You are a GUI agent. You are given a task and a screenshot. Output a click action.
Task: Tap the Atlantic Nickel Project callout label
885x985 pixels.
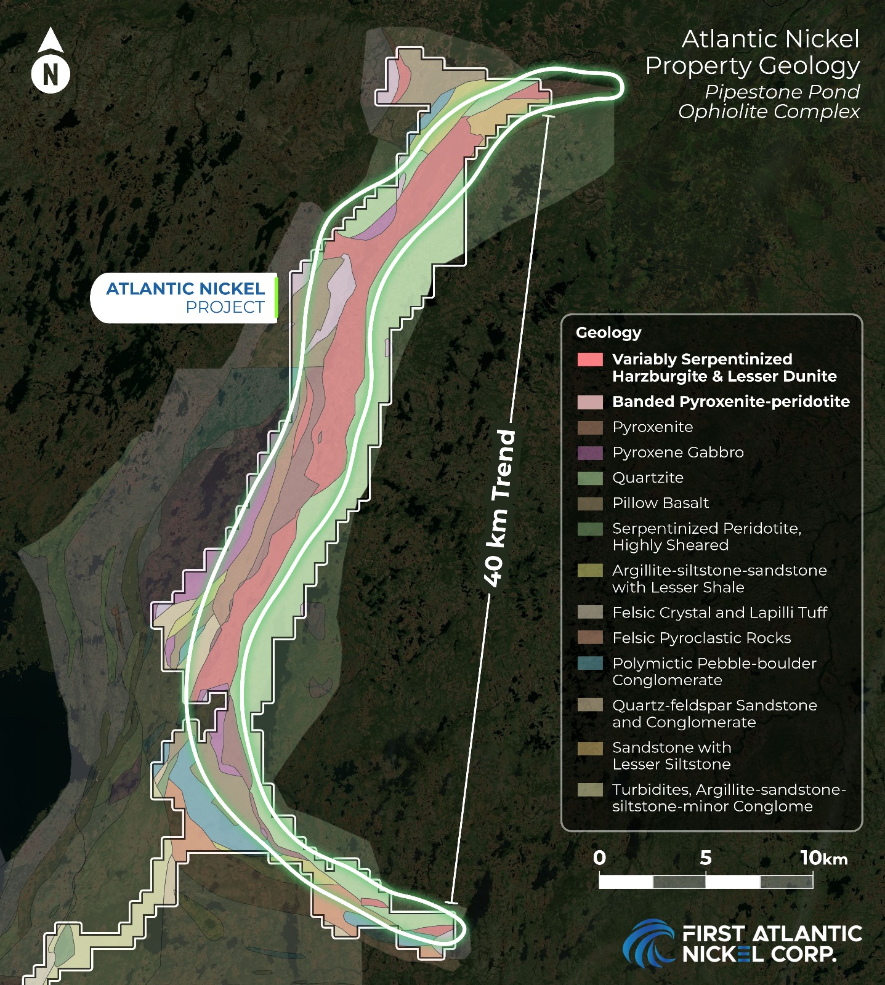185,298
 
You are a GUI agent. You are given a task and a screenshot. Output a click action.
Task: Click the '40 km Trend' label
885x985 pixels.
499,508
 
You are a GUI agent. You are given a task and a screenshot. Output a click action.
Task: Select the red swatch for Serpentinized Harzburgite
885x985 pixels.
589,360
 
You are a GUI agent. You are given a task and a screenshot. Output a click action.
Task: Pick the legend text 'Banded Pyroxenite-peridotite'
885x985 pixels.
730,401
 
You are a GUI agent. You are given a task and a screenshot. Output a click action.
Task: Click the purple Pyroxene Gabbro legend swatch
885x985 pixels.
589,452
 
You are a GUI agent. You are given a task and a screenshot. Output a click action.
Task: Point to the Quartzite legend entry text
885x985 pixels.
647,478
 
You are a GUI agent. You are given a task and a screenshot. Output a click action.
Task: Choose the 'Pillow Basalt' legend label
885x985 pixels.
660,503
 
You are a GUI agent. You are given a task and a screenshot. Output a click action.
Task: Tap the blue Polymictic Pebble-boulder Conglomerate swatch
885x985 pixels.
589,664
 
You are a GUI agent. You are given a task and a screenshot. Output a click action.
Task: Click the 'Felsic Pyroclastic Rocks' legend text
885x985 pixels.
701,638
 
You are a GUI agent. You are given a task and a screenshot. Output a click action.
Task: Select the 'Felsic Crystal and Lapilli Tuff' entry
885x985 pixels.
719,613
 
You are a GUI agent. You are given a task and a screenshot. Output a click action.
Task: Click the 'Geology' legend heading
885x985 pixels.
608,332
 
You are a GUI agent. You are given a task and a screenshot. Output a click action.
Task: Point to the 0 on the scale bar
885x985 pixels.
599,858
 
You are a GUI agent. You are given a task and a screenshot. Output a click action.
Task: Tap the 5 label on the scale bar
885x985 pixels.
706,858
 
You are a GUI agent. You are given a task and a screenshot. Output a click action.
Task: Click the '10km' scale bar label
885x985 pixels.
823,858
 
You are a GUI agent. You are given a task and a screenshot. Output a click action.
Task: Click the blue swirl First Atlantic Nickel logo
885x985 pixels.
649,943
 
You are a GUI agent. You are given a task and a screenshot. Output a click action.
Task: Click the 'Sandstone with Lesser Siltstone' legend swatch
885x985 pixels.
589,748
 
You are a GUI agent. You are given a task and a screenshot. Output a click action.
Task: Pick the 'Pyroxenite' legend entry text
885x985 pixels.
652,427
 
